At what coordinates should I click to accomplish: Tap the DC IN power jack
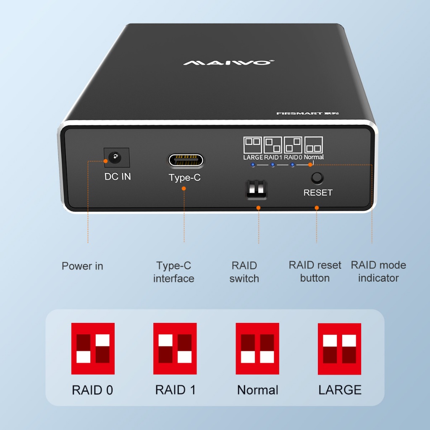114,158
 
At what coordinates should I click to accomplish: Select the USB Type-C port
186,160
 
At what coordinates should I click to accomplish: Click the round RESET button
317,178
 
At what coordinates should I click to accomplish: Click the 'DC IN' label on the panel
118,176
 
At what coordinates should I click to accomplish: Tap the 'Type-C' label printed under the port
185,178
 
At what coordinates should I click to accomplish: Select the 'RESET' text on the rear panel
318,193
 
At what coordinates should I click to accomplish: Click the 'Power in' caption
82,266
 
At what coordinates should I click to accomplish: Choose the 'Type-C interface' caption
174,272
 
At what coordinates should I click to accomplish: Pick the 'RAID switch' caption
244,272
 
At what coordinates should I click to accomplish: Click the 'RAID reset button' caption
315,272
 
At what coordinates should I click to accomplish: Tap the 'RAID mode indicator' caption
378,272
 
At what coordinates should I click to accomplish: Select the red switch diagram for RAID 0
93,349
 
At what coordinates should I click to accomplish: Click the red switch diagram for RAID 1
175,349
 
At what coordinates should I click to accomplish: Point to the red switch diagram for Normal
257,349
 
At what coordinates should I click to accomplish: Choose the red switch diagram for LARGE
340,349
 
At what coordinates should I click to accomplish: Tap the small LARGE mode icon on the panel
252,145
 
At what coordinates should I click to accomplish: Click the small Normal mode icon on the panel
314,145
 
